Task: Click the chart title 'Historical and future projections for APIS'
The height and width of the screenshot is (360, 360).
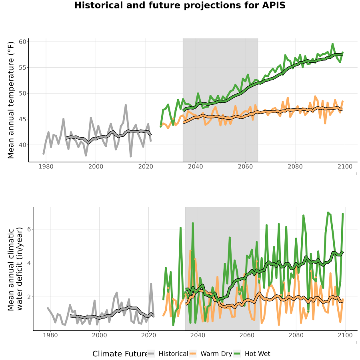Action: point(180,5)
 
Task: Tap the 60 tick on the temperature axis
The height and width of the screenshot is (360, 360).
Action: point(23,42)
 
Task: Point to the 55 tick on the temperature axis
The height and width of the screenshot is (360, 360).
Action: point(23,68)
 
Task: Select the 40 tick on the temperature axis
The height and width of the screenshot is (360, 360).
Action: point(23,145)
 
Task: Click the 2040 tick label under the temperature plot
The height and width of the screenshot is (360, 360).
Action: point(195,166)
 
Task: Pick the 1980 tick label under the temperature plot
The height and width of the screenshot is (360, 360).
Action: point(46,166)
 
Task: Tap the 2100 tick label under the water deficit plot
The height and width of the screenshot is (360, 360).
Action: point(345,335)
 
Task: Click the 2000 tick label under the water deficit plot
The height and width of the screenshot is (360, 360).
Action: point(100,335)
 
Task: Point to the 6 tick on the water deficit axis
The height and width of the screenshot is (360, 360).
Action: point(29,229)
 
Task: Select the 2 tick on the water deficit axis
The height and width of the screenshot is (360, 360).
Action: point(29,297)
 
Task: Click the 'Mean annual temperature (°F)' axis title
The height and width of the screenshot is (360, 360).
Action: point(11,100)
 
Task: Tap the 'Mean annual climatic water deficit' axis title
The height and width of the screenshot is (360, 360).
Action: point(15,269)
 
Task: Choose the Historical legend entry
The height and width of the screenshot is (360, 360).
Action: point(168,354)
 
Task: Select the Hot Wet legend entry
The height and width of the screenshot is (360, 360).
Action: point(252,354)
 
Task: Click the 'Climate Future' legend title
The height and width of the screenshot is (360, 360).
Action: point(120,354)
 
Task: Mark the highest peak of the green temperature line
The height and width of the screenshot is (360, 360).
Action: point(332,44)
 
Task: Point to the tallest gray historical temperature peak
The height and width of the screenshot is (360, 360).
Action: point(126,105)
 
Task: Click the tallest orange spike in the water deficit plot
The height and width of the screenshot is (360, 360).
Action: point(190,250)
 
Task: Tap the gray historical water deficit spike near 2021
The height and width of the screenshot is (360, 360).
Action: point(151,284)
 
